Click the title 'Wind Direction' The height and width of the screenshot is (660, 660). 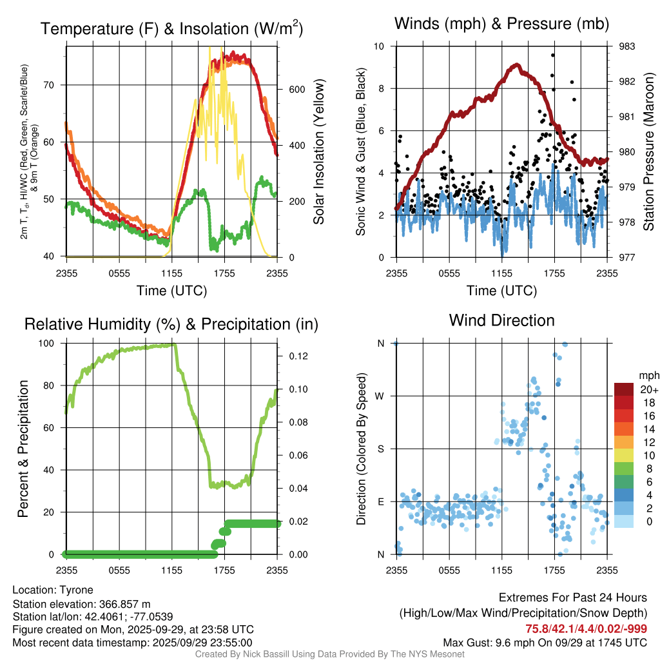(x=501, y=320)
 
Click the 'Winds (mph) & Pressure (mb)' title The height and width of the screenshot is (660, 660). (x=501, y=24)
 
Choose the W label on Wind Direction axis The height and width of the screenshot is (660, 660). (x=380, y=396)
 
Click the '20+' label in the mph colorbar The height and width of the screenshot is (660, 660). (x=645, y=389)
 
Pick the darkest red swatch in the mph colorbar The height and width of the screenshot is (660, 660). (x=625, y=389)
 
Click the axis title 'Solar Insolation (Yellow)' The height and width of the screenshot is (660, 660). (x=319, y=152)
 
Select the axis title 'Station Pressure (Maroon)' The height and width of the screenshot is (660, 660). (x=649, y=152)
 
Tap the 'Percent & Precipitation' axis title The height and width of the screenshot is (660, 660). (x=23, y=449)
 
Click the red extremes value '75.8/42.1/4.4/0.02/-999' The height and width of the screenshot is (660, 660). (x=587, y=629)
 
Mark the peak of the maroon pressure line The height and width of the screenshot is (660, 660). (x=516, y=64)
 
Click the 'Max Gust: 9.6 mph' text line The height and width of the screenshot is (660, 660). (x=545, y=643)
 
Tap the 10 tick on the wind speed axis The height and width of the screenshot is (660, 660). (x=380, y=46)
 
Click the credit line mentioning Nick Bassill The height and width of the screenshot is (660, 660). (x=330, y=654)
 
